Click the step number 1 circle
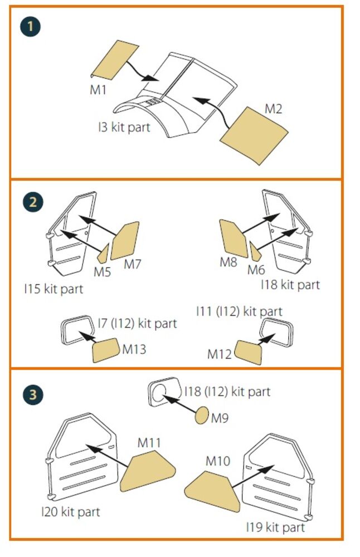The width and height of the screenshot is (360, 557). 30,26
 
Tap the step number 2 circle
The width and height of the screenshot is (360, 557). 33,202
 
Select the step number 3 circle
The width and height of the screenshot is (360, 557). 33,395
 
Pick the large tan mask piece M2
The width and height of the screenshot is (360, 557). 254,136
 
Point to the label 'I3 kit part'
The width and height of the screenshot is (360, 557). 124,127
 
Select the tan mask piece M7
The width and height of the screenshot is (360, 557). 125,241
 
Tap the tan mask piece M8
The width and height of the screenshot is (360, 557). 233,238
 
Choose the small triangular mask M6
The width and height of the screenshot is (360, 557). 255,252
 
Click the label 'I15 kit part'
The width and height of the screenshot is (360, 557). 53,289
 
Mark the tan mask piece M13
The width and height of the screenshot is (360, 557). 105,350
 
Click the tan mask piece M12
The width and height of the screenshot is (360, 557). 249,353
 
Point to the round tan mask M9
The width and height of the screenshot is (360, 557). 202,416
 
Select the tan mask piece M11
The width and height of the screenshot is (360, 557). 147,471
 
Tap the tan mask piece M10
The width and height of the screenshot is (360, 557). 213,492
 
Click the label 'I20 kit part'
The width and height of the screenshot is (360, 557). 71,512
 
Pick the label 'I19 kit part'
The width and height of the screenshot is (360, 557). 275,527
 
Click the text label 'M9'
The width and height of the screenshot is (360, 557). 220,418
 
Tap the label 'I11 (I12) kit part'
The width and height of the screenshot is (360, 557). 239,311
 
